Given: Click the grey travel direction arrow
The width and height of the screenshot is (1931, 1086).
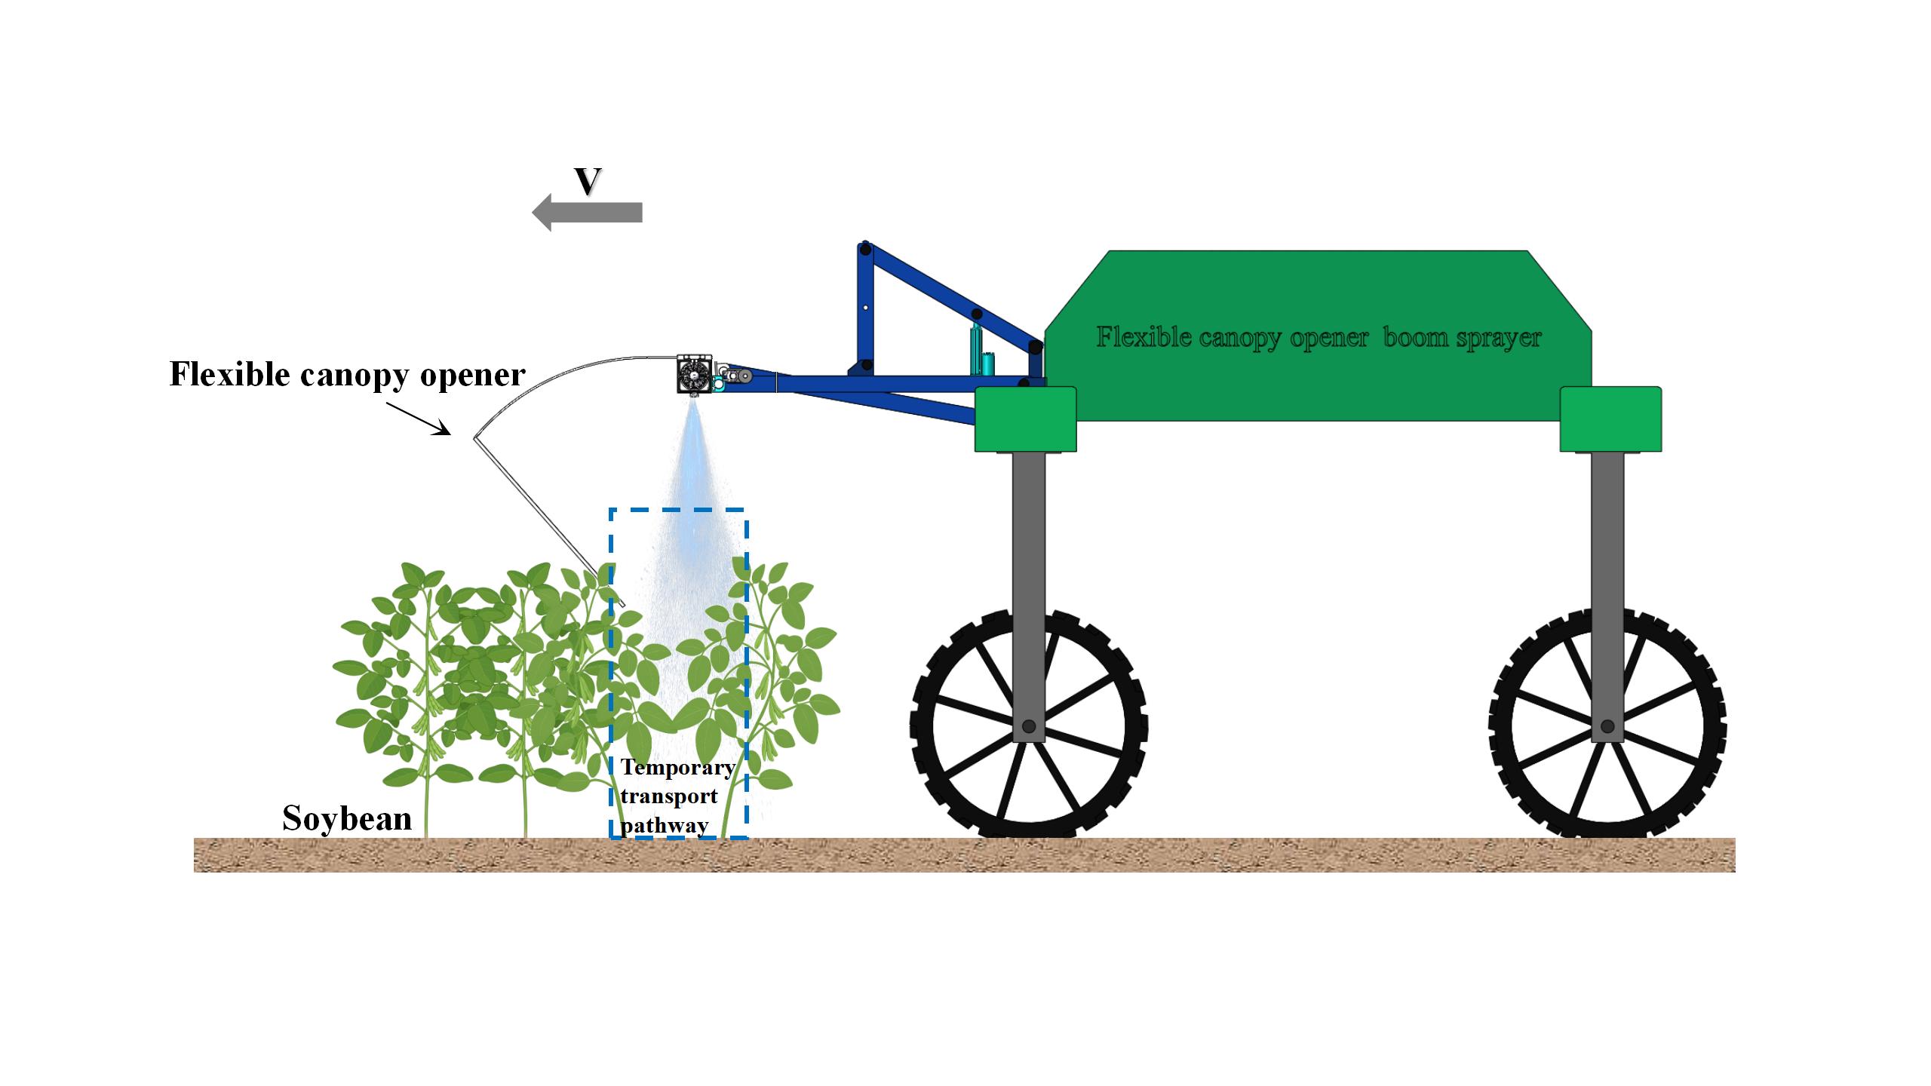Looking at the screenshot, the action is (x=588, y=213).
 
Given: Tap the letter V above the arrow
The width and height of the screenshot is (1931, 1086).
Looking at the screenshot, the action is (x=588, y=180).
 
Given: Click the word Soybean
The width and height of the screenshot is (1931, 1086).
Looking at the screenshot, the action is (x=347, y=818).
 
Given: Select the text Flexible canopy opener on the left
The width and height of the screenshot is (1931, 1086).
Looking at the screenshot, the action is (x=347, y=375).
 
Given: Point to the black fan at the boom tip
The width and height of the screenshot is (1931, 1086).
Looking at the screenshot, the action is (x=691, y=373).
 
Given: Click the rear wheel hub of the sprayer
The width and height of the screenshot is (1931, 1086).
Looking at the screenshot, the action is (x=1607, y=727).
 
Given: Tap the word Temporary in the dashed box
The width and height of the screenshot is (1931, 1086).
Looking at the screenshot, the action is (x=678, y=768).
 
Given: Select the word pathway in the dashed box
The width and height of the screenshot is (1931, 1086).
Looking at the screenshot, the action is (x=665, y=825).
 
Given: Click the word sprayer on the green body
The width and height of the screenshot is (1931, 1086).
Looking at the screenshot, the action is (x=1499, y=339).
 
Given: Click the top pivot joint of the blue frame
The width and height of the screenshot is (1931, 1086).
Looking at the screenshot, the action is (x=865, y=248).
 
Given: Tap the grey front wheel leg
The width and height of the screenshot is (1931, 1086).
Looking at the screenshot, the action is (x=1028, y=596).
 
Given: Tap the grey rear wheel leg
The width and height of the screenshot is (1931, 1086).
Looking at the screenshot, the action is (x=1607, y=596).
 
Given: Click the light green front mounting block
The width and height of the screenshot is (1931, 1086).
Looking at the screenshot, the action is (x=1026, y=419).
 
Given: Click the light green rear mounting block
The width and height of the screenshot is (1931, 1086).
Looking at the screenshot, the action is (x=1610, y=419).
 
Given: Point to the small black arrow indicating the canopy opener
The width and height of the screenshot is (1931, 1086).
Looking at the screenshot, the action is (x=419, y=418).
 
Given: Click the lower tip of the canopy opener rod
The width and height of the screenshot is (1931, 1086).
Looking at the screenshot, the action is (x=624, y=606).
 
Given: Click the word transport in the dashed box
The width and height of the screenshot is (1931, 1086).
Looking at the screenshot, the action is (x=669, y=797).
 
